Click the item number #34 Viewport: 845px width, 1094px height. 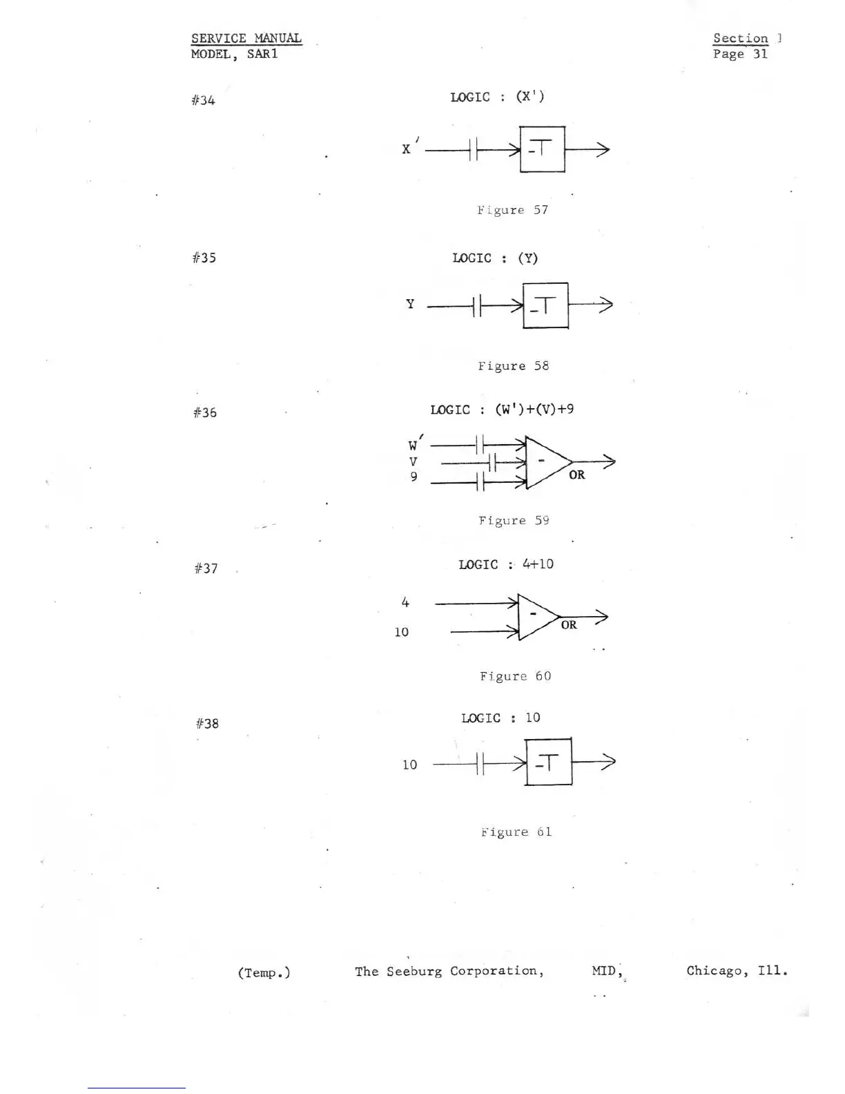[x=203, y=100]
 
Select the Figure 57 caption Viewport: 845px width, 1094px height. [x=512, y=210]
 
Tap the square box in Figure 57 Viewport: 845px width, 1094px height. [x=542, y=149]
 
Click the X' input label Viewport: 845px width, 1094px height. [x=408, y=147]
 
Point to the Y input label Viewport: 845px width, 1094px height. [x=410, y=304]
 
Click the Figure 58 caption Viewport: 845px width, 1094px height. [x=513, y=366]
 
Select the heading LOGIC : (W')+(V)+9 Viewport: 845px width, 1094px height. [x=502, y=410]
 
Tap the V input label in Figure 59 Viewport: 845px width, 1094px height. [x=413, y=461]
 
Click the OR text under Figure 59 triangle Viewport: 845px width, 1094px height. [x=576, y=475]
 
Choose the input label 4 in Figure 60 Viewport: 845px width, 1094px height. [x=405, y=602]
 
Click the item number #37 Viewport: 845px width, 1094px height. [x=206, y=568]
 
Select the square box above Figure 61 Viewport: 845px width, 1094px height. [x=549, y=762]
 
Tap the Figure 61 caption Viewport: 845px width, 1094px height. [x=516, y=832]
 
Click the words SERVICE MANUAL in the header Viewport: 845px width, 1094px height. [x=246, y=39]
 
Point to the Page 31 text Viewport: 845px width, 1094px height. [x=740, y=54]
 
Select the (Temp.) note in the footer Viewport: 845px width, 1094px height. [x=264, y=973]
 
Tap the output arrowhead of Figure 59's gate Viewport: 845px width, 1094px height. [x=608, y=461]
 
